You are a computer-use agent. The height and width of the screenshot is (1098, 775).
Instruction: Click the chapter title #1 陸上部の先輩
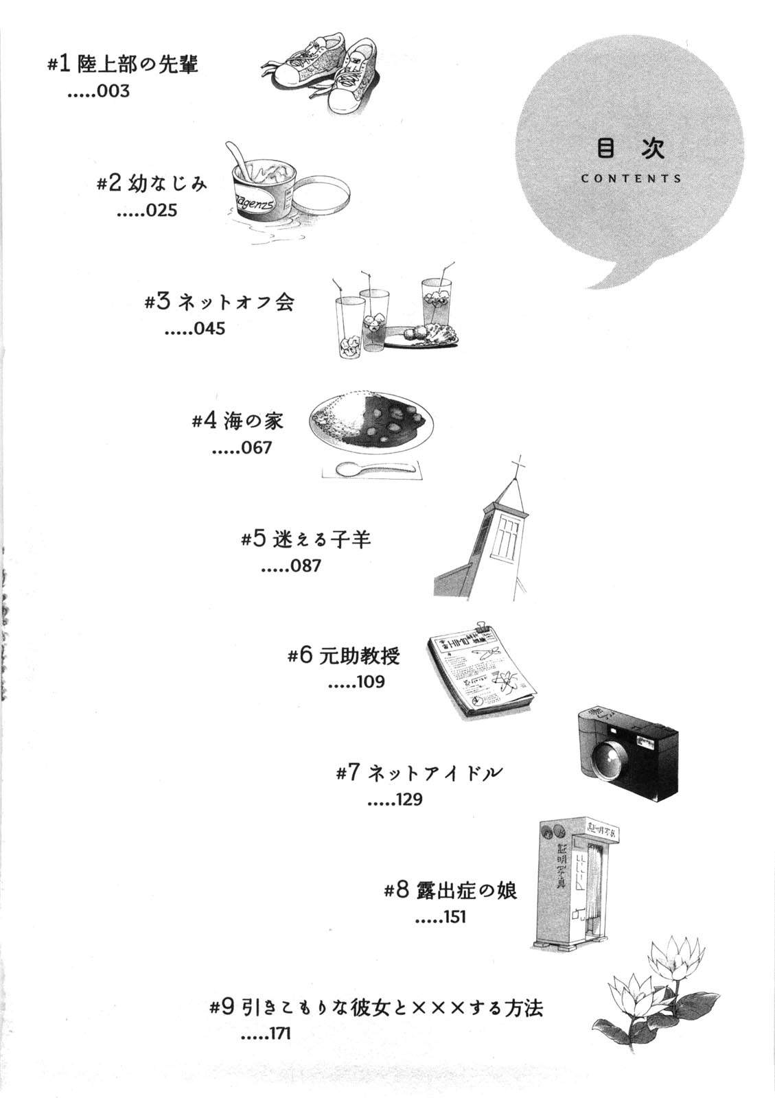123,65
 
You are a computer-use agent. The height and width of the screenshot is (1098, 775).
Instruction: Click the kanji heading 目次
631,148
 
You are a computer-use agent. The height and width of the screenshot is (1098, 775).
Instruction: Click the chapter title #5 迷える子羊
306,539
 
